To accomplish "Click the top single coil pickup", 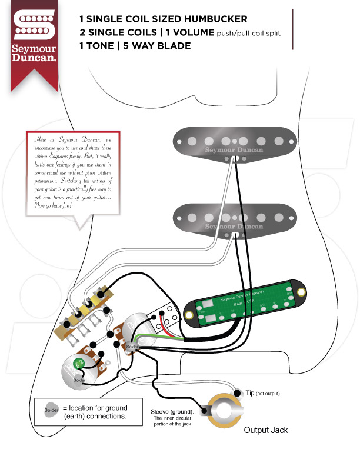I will click(x=235, y=142).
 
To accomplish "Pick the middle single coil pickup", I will click(x=235, y=218).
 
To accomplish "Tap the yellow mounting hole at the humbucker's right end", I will click(x=301, y=292).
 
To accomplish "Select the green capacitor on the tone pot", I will click(x=79, y=365).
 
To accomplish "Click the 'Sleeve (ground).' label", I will click(x=176, y=412).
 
